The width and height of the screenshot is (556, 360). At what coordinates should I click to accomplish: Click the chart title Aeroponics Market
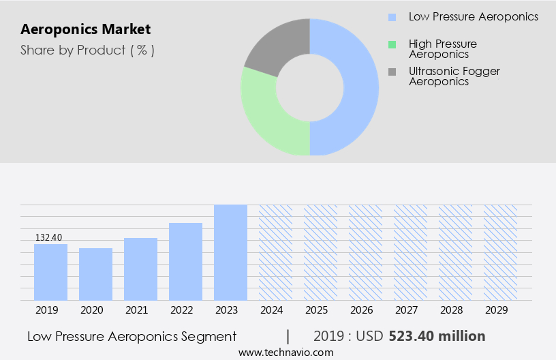click(x=86, y=30)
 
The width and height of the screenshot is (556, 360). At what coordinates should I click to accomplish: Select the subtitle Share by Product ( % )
click(x=87, y=50)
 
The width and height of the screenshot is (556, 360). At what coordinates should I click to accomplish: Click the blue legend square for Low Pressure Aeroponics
click(x=392, y=17)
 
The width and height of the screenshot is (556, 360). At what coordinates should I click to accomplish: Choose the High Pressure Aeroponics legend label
click(x=442, y=48)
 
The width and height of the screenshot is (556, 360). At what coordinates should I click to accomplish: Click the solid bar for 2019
click(x=51, y=272)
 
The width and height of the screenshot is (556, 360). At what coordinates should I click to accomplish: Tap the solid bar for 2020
click(x=96, y=274)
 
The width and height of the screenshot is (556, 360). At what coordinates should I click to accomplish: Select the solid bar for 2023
click(x=230, y=252)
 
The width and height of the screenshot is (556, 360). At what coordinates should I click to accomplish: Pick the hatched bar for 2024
click(x=275, y=252)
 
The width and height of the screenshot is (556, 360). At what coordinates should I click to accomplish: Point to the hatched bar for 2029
click(x=500, y=252)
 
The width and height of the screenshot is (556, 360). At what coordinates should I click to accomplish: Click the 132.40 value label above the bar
click(x=49, y=237)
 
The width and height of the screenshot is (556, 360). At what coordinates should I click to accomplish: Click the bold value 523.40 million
click(x=437, y=336)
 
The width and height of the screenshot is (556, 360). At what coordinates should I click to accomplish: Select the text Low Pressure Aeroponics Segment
click(x=132, y=336)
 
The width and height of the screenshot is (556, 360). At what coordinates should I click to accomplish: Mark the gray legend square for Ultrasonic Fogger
click(x=392, y=72)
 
